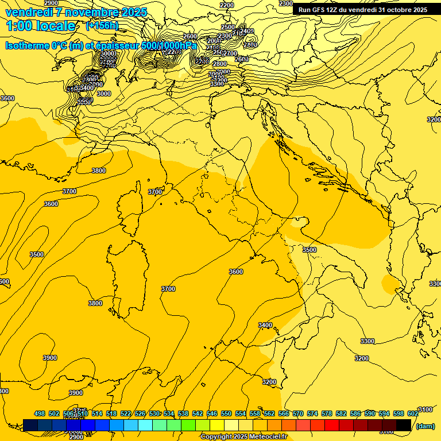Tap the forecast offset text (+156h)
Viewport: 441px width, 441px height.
(102, 26)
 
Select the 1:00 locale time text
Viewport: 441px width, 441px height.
(41, 26)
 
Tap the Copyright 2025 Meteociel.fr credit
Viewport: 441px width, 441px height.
(243, 436)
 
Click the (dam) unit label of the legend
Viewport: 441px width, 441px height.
(425, 425)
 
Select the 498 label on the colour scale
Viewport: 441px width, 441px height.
(40, 413)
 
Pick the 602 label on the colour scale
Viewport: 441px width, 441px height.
(413, 413)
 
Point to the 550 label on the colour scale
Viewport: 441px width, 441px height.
(226, 413)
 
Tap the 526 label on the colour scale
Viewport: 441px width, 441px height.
(140, 413)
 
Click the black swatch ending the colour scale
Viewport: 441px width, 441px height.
(404, 425)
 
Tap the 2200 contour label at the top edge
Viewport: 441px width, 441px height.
(227, 5)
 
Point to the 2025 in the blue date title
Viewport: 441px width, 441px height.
(131, 12)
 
